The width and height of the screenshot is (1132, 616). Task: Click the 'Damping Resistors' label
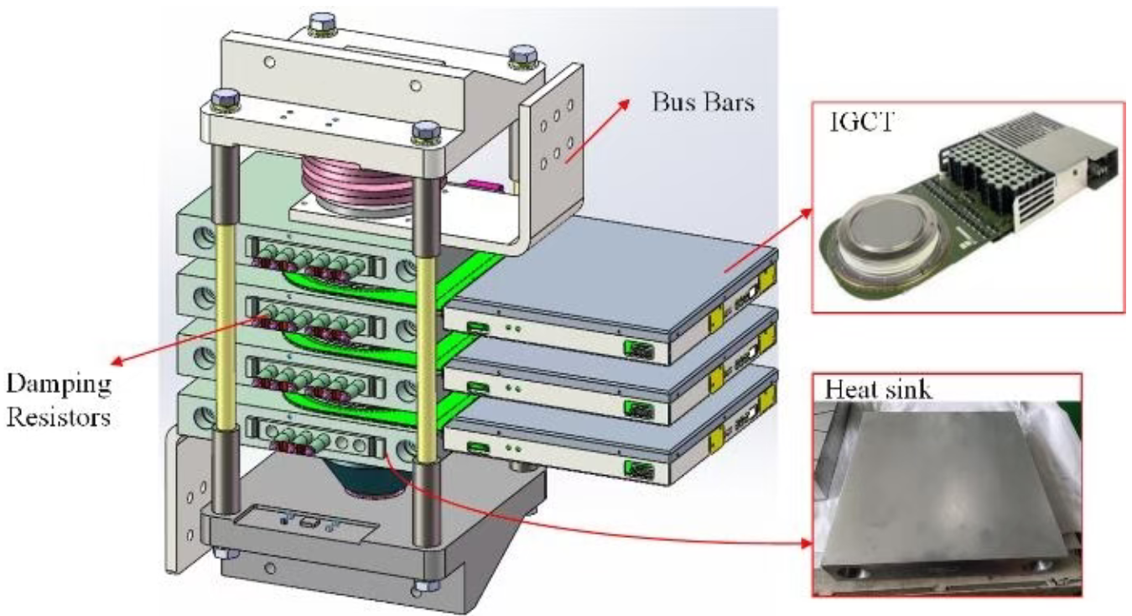58,400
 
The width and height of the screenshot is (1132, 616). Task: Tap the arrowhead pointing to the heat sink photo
806,544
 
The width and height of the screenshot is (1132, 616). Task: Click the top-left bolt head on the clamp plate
224,100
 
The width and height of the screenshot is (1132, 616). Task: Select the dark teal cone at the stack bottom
369,475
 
